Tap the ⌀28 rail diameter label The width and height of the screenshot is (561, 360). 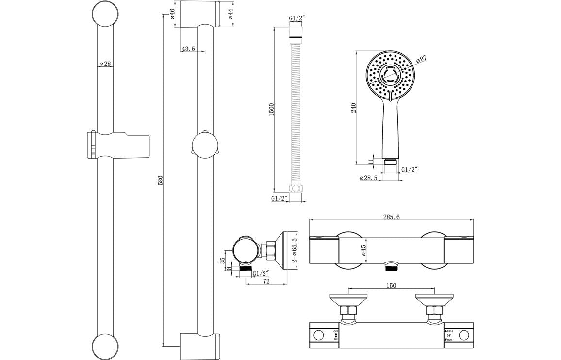click(x=105, y=64)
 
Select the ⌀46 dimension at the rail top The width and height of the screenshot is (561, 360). click(x=173, y=14)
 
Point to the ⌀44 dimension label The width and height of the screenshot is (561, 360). click(x=231, y=14)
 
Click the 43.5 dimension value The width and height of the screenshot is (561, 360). click(x=188, y=49)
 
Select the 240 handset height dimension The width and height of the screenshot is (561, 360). click(x=354, y=107)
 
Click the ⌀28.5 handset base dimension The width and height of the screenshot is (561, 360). click(x=369, y=178)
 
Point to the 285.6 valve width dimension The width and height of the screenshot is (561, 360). click(x=391, y=217)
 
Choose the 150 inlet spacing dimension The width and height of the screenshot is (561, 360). click(x=391, y=286)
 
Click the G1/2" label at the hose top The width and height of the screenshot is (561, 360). click(x=297, y=18)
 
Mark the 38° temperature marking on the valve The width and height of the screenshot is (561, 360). click(x=449, y=335)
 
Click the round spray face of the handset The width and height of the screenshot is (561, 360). click(x=390, y=75)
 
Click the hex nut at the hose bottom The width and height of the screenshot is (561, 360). click(x=296, y=188)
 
